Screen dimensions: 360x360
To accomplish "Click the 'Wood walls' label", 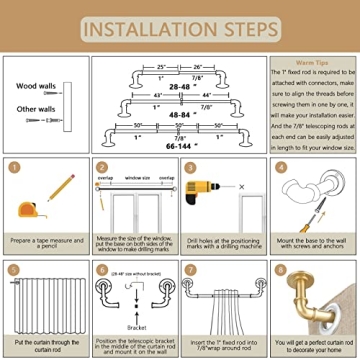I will [35, 85].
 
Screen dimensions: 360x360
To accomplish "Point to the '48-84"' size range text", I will [181, 116].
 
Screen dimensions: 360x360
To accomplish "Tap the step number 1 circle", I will [13, 168].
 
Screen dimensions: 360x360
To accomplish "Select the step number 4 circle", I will [280, 168].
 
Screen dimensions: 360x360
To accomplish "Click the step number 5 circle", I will [13, 268].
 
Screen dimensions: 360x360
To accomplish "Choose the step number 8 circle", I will [280, 268].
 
